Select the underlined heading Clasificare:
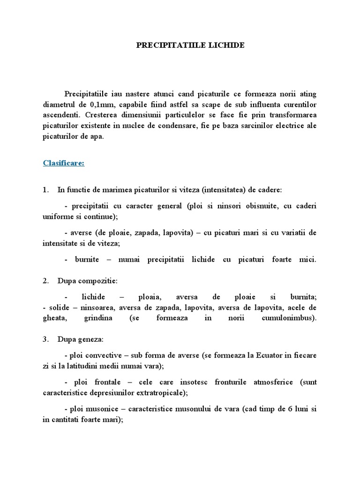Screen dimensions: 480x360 64,163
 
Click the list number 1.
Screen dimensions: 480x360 45,190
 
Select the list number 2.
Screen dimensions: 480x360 45,281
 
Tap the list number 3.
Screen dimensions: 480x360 45,338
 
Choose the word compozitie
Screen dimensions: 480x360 99,281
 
